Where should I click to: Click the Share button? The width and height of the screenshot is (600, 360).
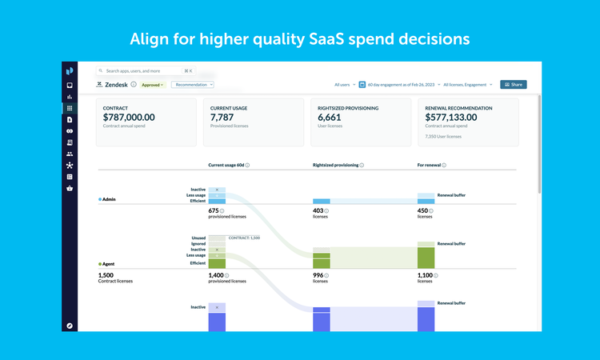tap(513, 84)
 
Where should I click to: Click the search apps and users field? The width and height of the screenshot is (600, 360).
tap(144, 70)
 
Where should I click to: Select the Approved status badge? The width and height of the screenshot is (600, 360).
tap(153, 84)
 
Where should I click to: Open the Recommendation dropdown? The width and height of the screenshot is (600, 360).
tap(193, 84)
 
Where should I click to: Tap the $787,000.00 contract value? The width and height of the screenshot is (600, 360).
tap(129, 118)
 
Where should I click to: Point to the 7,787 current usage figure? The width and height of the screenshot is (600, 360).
tap(222, 118)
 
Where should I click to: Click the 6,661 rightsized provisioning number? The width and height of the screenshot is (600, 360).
tap(330, 118)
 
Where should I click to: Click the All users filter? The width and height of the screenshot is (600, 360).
tap(345, 84)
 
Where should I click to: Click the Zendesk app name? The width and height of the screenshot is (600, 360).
tap(117, 84)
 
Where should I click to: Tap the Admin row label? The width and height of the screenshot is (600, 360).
tap(110, 198)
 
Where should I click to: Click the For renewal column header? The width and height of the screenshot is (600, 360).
tap(430, 165)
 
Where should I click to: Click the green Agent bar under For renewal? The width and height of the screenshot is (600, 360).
tap(426, 258)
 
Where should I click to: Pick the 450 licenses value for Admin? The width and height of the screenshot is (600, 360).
tap(424, 210)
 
